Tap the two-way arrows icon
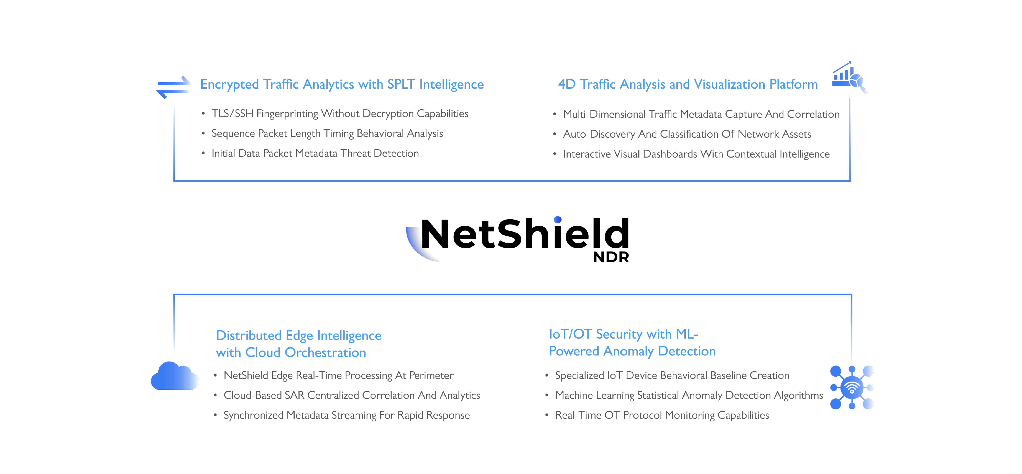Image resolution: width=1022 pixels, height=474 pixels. [174, 87]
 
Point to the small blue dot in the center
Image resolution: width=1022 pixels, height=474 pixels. [557, 219]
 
